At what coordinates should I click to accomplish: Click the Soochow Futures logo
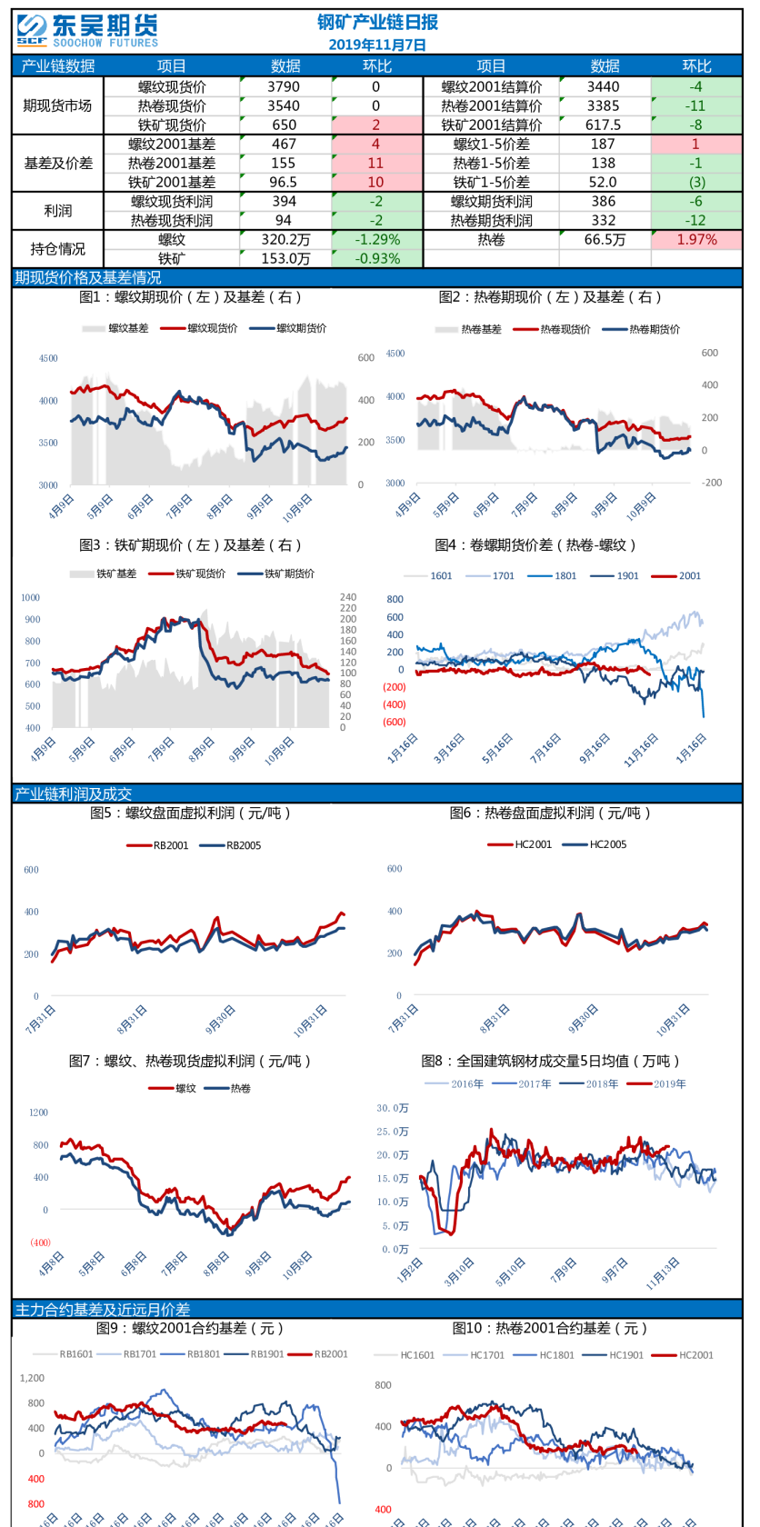tap(87, 30)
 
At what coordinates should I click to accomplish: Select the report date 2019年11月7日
tap(377, 45)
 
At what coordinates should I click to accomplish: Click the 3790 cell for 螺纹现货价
tap(284, 87)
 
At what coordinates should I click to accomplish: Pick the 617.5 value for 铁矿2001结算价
tap(604, 125)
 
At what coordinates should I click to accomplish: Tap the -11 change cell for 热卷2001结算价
tap(695, 106)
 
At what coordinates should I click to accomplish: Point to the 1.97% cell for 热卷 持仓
tap(696, 240)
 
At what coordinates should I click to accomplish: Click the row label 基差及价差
tap(58, 164)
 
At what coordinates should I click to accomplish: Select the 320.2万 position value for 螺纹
tap(285, 240)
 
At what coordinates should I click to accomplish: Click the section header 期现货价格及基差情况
tap(88, 278)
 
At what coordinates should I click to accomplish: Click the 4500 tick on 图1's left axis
tap(48, 359)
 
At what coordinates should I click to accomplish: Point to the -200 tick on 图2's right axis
tap(711, 483)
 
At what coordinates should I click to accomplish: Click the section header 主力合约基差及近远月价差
tap(103, 1310)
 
